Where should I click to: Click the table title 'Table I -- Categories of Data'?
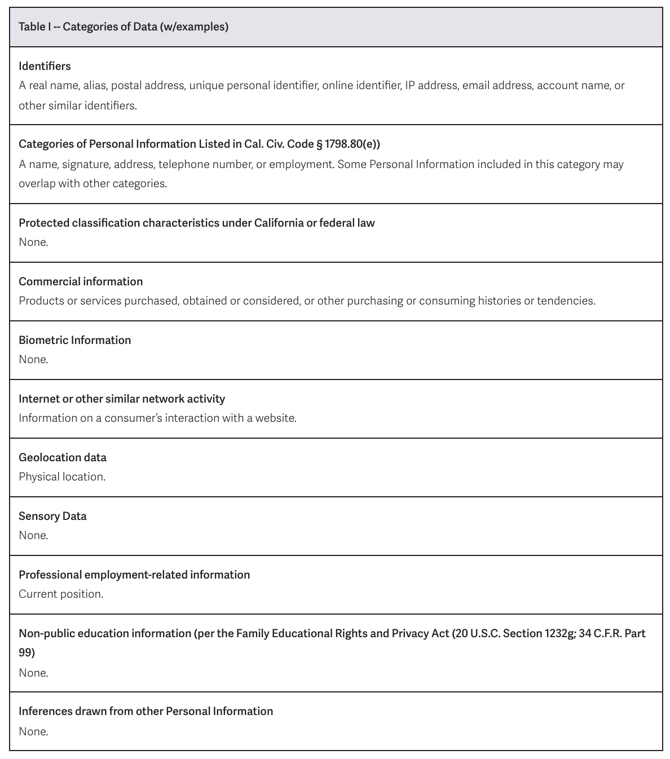124,27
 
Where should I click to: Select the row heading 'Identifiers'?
45,66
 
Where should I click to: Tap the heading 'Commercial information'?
81,281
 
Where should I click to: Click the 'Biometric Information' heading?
74,340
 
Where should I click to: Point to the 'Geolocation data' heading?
63,457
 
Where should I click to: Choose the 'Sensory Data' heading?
52,516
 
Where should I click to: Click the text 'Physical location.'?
62,476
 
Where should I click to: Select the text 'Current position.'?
61,594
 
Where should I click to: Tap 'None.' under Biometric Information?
33,359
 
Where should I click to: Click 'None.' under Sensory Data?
33,535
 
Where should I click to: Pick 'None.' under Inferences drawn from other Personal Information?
33,731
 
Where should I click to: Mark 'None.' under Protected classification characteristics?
33,242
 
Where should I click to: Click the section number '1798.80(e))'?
352,144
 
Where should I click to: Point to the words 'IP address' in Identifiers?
431,85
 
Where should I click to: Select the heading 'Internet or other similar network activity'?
122,399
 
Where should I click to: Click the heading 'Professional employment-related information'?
134,575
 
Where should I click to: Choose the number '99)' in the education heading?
27,652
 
